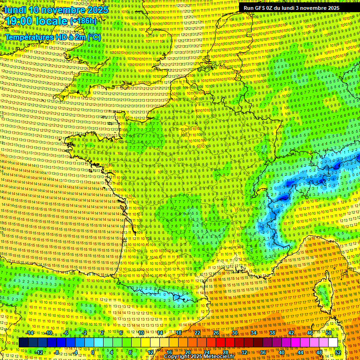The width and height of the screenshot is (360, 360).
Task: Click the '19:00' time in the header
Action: pos(20,21)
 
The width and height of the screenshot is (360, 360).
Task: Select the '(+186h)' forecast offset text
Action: pos(84,21)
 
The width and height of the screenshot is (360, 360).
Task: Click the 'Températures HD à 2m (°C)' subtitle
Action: pos(52,37)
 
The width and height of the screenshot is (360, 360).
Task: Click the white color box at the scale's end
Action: pos(333,343)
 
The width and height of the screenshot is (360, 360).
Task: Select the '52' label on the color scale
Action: pos(338,352)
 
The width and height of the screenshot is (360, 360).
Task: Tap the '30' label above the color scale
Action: pos(234,333)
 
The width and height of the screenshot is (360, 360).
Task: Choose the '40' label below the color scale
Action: pos(281,352)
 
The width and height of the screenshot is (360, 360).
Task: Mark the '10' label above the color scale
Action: pos(141,333)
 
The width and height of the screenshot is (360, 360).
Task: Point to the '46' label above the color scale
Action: pos(309,333)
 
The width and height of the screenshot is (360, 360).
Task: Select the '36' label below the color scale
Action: pos(262,352)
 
